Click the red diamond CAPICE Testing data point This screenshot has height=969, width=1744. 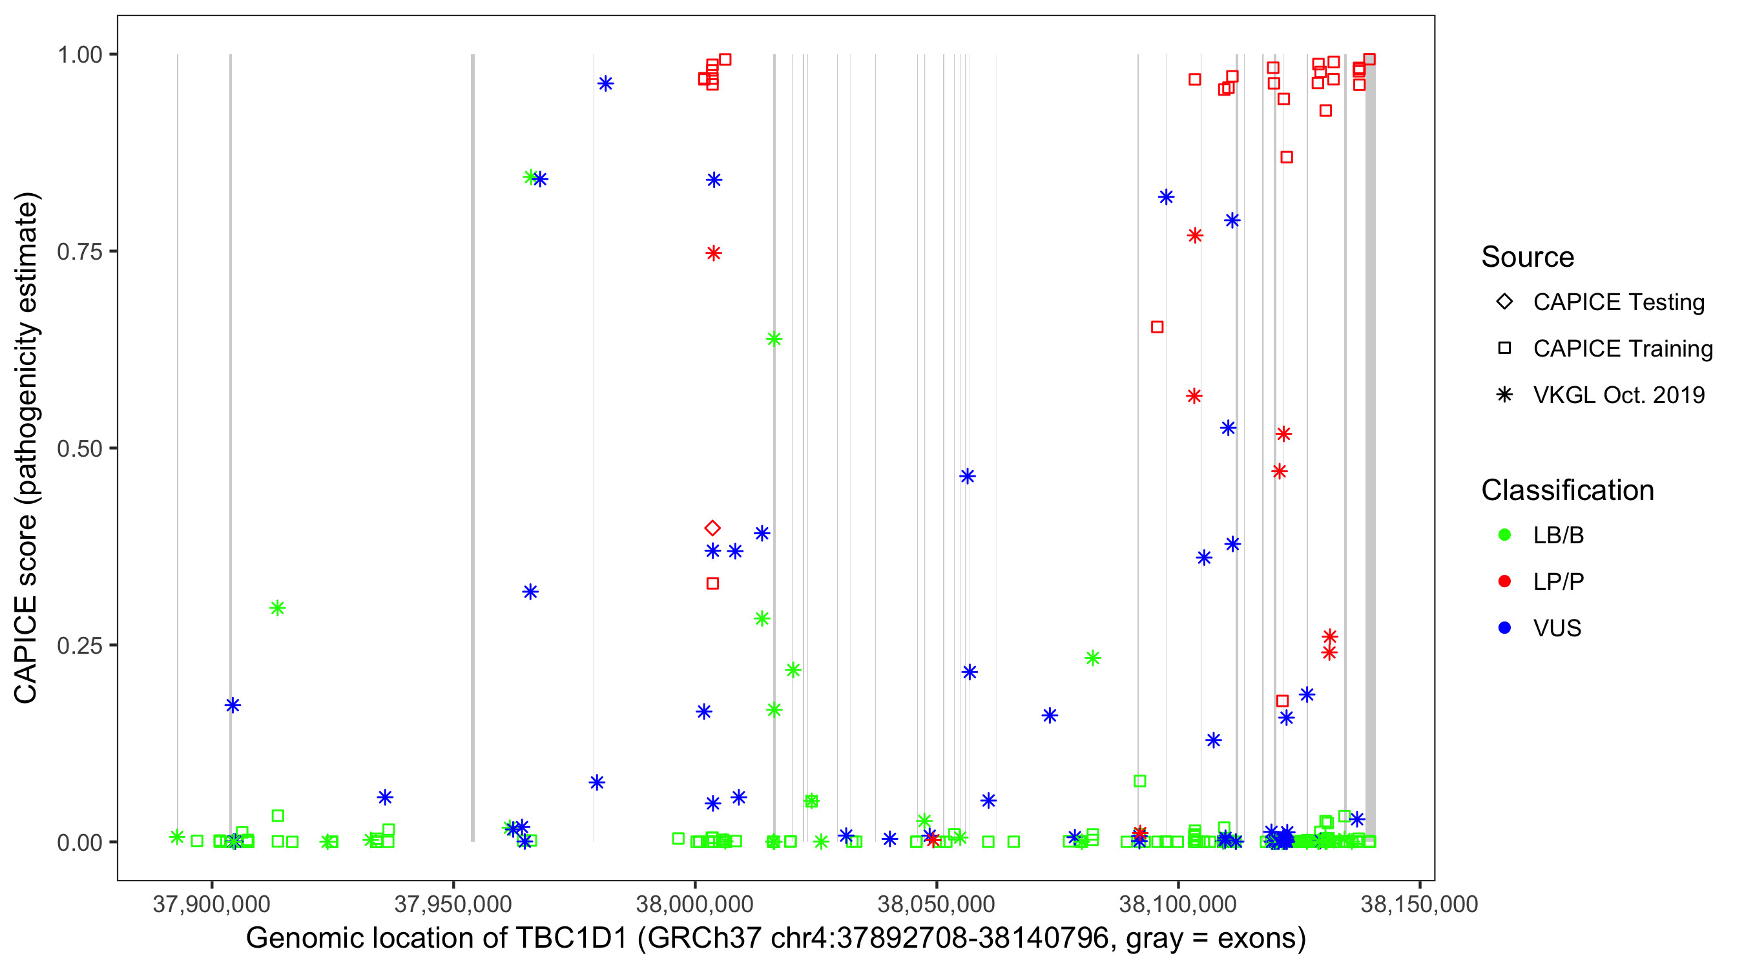(x=712, y=528)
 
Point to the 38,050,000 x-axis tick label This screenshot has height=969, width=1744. (x=936, y=904)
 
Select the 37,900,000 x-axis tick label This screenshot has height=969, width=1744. (x=211, y=904)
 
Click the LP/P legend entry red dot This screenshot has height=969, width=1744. (x=1504, y=581)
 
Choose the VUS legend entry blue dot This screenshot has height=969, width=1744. (x=1504, y=629)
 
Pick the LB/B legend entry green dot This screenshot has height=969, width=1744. (x=1504, y=535)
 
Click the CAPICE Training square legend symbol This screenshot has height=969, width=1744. (x=1504, y=349)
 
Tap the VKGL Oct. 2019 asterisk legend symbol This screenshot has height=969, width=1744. (x=1504, y=395)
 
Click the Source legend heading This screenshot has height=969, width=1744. (x=1528, y=257)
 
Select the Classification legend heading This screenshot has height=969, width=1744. (x=1567, y=490)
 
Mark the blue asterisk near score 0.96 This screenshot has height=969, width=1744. (x=606, y=84)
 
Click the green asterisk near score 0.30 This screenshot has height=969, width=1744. (x=278, y=608)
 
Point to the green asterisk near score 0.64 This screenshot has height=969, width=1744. (x=774, y=339)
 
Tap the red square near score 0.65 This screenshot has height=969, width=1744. (x=1157, y=327)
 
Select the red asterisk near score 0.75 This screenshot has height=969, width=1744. (x=714, y=253)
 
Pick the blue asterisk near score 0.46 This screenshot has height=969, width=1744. (x=968, y=476)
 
